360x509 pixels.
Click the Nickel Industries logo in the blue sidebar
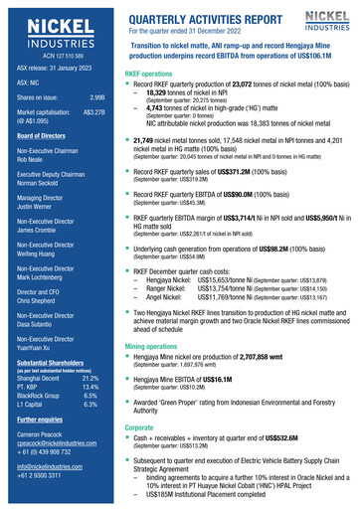pos(54,31)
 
